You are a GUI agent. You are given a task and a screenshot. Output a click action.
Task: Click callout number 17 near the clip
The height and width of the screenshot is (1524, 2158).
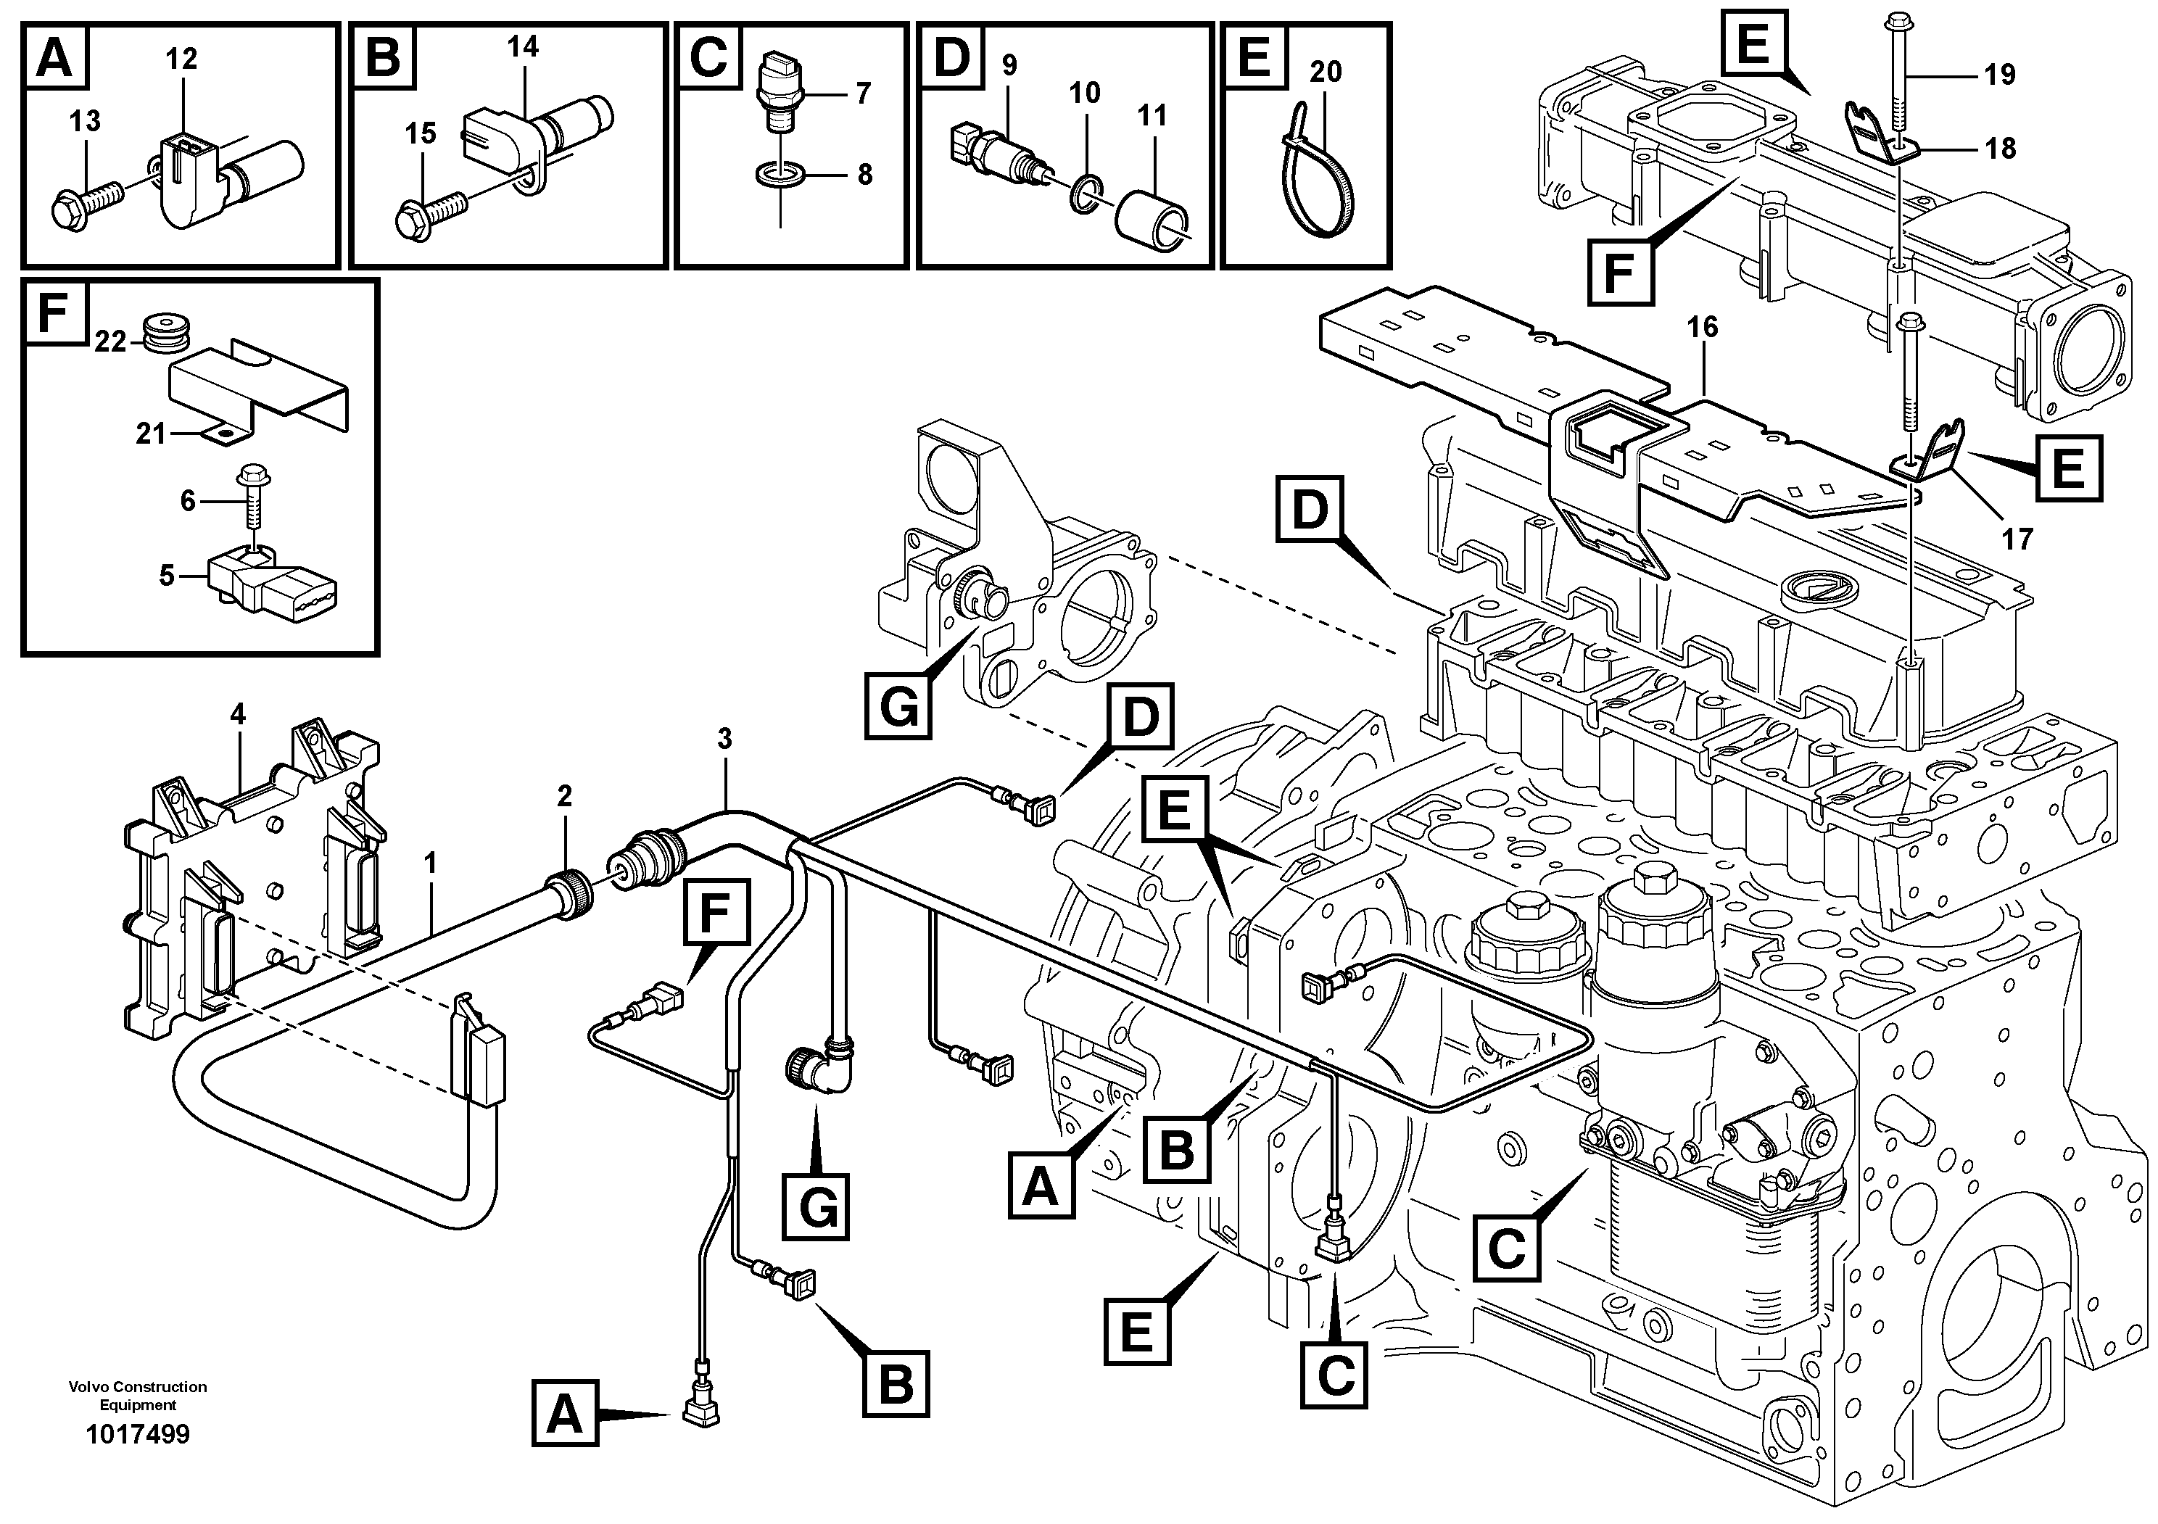coord(2018,539)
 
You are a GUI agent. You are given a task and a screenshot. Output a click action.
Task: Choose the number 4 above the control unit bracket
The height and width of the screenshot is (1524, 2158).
coord(238,715)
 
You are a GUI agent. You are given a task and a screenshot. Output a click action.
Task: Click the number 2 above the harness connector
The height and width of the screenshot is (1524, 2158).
coord(564,797)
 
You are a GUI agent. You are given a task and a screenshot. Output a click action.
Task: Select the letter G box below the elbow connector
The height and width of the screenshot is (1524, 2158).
coord(816,1206)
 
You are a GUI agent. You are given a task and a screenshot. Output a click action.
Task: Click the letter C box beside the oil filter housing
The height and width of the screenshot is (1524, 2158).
coord(1507,1248)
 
